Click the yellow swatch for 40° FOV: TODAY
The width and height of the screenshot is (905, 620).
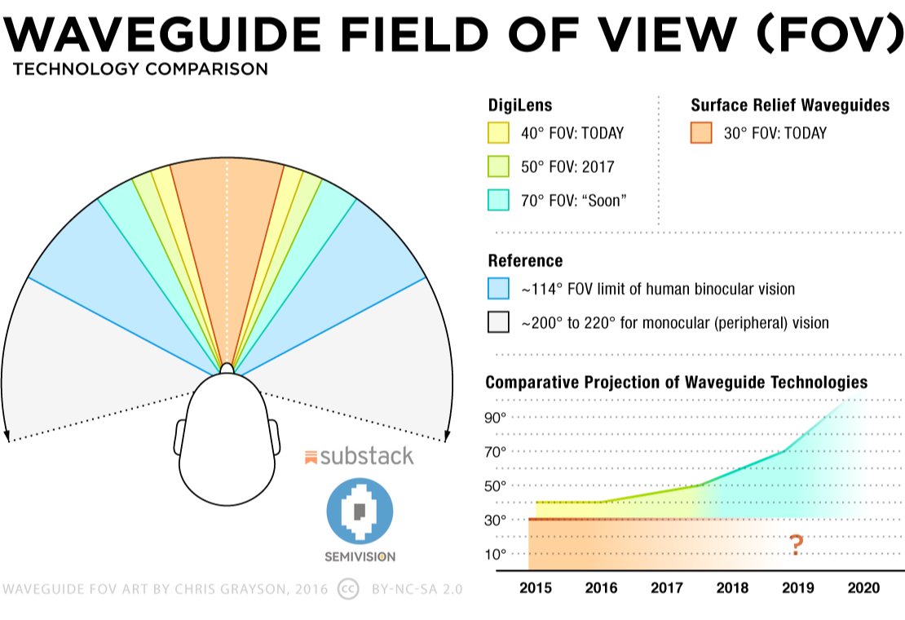point(498,133)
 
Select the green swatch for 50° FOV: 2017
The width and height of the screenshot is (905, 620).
point(498,166)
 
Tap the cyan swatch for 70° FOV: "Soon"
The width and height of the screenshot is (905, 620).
point(498,200)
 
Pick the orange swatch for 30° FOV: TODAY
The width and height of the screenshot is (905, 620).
point(700,133)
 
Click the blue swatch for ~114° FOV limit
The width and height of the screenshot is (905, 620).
point(498,289)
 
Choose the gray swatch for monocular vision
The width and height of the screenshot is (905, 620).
point(498,322)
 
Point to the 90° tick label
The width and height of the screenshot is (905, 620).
point(497,417)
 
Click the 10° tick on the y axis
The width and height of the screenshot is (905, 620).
point(497,555)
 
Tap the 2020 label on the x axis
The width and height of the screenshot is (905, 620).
point(864,588)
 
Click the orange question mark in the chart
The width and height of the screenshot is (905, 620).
point(797,545)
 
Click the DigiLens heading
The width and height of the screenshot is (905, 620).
point(519,104)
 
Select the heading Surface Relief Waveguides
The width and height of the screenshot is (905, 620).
point(790,104)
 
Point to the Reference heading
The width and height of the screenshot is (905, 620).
point(525,261)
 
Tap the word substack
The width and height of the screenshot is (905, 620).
point(367,456)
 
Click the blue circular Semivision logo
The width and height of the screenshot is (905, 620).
point(360,511)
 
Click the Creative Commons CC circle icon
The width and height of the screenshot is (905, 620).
point(349,588)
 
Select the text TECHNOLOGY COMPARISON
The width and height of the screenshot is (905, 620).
point(140,69)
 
